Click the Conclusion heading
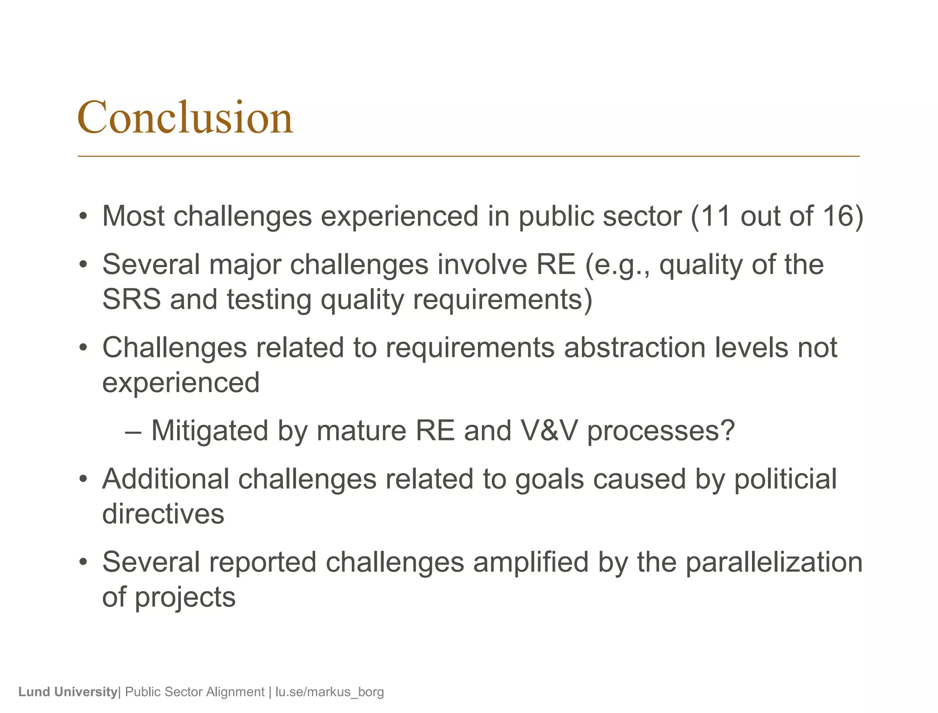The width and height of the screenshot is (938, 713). click(185, 118)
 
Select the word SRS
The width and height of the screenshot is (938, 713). click(131, 300)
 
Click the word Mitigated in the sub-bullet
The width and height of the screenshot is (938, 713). click(209, 431)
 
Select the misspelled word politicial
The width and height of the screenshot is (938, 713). click(785, 479)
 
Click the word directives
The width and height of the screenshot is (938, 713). click(163, 514)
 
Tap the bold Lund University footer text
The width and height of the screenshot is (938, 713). click(68, 691)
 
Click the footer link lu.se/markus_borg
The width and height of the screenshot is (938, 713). click(329, 691)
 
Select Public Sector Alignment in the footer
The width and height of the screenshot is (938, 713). click(195, 691)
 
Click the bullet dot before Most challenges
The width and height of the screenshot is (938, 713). click(83, 217)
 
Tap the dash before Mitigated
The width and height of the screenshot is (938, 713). click(133, 432)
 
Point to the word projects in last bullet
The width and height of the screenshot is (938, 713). click(185, 598)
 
